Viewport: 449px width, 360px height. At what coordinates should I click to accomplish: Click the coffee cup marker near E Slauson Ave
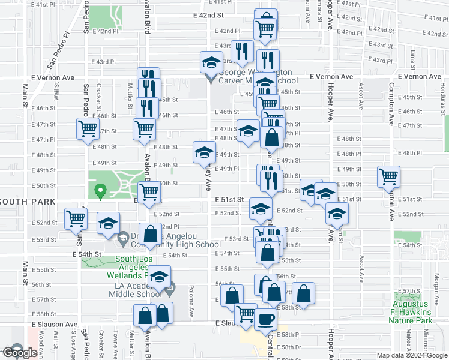tap(264, 319)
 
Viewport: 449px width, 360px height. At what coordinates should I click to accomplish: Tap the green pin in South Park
tap(100, 193)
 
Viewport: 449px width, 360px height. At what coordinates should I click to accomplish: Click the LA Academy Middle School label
tap(136, 289)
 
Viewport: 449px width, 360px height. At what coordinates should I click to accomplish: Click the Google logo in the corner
tap(20, 353)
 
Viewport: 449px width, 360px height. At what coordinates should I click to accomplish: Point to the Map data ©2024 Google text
tap(412, 355)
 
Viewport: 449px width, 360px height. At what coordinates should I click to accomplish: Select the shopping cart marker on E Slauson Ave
tap(245, 313)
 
